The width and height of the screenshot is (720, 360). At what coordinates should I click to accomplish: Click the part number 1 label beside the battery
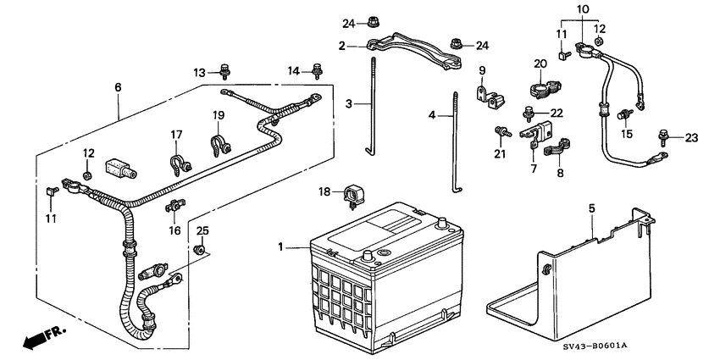[x=280, y=247]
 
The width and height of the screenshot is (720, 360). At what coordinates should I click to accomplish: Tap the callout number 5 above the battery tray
[x=592, y=208]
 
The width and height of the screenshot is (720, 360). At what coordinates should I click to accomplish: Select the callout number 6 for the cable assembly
[x=118, y=86]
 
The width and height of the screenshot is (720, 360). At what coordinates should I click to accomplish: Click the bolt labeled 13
[x=224, y=71]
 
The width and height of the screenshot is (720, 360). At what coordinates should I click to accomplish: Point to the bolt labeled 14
[x=317, y=70]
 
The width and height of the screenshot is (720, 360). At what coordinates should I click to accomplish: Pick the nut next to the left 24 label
[x=373, y=21]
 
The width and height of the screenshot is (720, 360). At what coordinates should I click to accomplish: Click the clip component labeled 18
[x=352, y=196]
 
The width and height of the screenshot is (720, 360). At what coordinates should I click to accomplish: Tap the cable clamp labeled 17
[x=180, y=166]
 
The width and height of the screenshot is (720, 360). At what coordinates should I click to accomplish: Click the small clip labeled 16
[x=174, y=206]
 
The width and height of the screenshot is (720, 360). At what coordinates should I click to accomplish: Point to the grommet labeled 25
[x=199, y=250]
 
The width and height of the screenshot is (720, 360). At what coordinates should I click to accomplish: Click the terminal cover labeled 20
[x=543, y=88]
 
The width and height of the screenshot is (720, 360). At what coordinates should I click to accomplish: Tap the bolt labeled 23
[x=663, y=135]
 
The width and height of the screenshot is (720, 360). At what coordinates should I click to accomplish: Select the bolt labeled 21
[x=503, y=132]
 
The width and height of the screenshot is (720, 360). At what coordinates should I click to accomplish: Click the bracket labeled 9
[x=489, y=97]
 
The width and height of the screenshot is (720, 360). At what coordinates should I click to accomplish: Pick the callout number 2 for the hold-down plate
[x=341, y=46]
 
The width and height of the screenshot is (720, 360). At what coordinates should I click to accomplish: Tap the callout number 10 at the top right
[x=583, y=9]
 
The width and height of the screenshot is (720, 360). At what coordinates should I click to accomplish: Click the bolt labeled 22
[x=529, y=114]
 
